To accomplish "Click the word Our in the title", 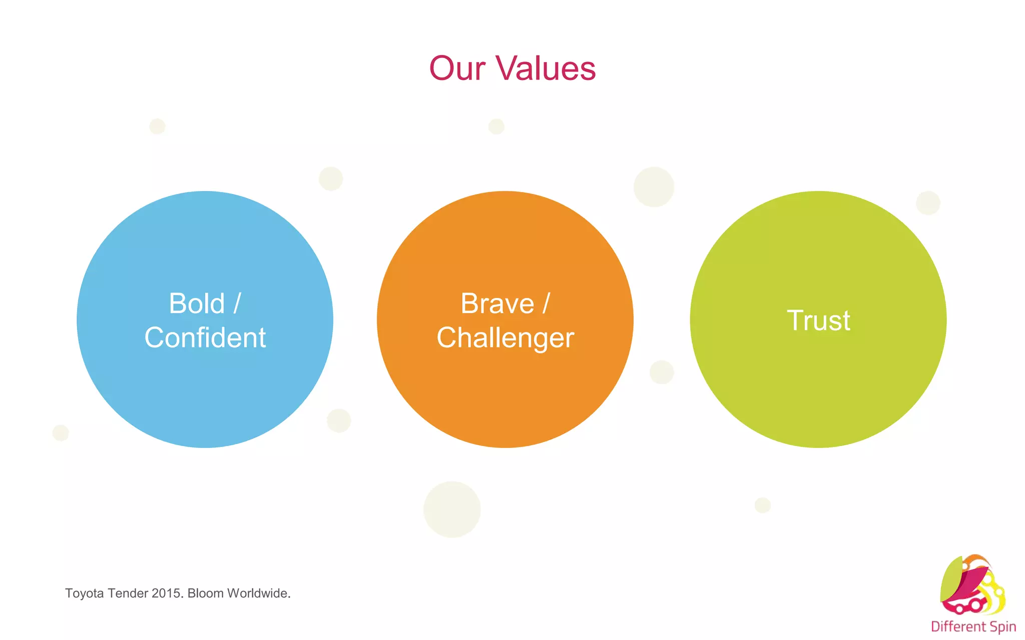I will pyautogui.click(x=457, y=68).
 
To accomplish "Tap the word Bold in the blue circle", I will pyautogui.click(x=197, y=303).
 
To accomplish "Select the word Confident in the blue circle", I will pyautogui.click(x=205, y=337).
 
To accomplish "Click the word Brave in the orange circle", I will pyautogui.click(x=497, y=303).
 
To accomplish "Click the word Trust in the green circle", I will pyautogui.click(x=818, y=320).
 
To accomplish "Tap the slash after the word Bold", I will pyautogui.click(x=237, y=303).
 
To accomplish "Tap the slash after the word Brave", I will pyautogui.click(x=546, y=303).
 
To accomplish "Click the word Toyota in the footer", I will pyautogui.click(x=84, y=593).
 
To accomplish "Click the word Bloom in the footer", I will pyautogui.click(x=205, y=593).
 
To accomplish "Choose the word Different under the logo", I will pyautogui.click(x=958, y=626).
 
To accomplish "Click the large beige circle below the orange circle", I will pyautogui.click(x=452, y=509).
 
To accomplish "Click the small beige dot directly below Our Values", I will pyautogui.click(x=496, y=126).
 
